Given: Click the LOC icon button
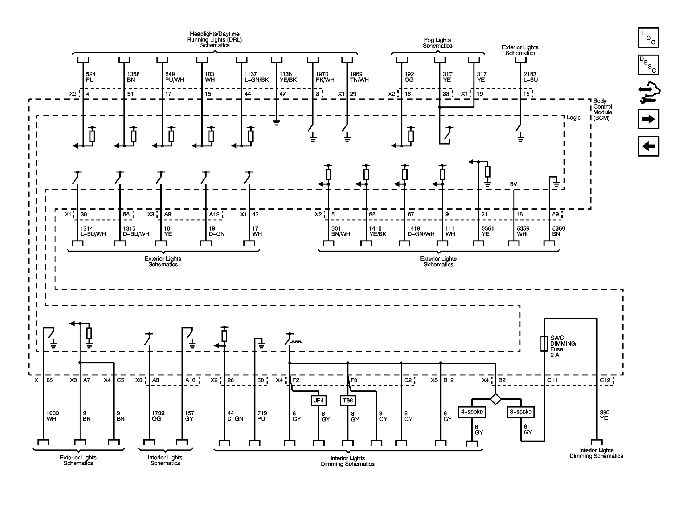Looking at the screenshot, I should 648,37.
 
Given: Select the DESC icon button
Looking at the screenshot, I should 648,65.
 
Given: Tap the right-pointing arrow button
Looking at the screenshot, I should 648,119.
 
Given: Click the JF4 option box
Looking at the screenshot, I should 319,401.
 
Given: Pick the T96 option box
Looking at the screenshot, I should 348,401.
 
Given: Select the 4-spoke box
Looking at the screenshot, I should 472,412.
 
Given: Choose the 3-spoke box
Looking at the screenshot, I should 521,412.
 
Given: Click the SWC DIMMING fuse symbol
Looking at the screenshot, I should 544,343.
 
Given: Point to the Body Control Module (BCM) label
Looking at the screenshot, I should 602,109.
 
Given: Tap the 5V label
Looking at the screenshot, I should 513,184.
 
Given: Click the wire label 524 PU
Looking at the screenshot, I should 90,77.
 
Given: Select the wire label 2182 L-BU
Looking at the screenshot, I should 530,77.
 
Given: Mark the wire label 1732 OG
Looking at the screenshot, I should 158,416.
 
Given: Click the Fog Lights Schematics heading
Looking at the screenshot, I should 437,43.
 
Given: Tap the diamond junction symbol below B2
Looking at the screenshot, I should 495,399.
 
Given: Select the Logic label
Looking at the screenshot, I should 573,118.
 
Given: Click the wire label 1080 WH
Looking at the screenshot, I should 52,416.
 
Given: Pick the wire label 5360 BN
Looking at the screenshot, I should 558,231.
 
